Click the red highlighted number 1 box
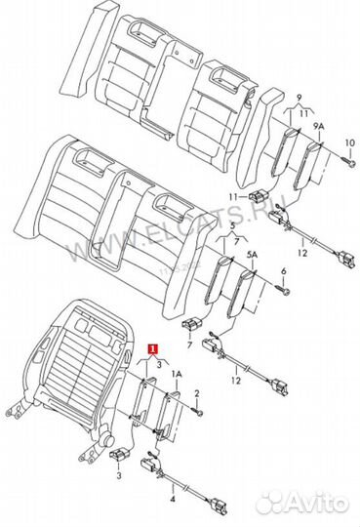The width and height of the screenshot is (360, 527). (x=151, y=348)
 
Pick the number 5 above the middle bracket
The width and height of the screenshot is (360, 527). (x=232, y=226)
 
